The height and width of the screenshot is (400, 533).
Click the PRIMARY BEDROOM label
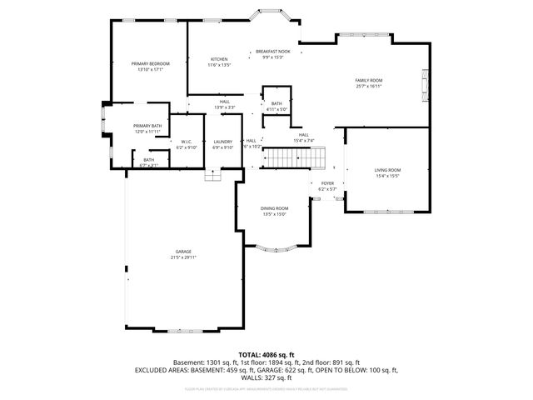tap(151, 63)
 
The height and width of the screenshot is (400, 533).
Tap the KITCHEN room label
tap(219, 58)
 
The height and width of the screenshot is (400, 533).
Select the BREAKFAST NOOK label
tap(272, 52)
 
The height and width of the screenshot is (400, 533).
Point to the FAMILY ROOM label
tap(368, 80)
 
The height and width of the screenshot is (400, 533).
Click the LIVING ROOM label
tap(387, 170)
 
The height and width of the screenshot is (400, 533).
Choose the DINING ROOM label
tap(274, 208)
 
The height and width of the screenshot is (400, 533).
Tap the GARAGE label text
tap(183, 252)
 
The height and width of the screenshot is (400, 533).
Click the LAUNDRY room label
tap(222, 142)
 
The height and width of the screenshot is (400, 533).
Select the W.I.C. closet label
tap(187, 142)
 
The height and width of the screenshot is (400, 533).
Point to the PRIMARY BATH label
tap(147, 126)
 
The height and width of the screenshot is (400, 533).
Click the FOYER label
tap(327, 183)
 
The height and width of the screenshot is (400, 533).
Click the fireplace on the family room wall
tap(426, 81)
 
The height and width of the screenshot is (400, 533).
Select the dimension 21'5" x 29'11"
tap(184, 257)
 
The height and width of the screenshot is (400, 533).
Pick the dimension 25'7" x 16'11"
tap(368, 86)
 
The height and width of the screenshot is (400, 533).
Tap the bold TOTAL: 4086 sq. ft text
tap(266, 354)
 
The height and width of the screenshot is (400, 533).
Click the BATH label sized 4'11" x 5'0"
tap(276, 103)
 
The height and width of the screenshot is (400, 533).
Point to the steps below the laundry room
tap(213, 175)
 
